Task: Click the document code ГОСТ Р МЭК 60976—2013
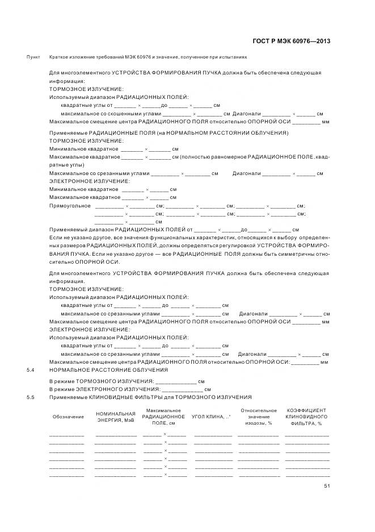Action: (290, 41)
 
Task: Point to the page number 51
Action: (327, 486)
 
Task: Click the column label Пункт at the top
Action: (33, 58)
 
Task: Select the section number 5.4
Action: (31, 370)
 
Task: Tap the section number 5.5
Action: (31, 397)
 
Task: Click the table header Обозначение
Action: (67, 417)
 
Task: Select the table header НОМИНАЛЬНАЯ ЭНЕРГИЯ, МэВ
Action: (116, 417)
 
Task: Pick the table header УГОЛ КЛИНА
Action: (211, 417)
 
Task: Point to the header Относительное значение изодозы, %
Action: (259, 417)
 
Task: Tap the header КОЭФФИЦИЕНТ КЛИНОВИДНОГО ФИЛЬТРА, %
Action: (306, 417)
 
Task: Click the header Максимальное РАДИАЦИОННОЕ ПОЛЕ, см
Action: (163, 417)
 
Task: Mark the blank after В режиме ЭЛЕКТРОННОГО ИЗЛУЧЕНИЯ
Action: (183, 390)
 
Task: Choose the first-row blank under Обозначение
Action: (67, 435)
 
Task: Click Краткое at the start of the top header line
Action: (58, 58)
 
